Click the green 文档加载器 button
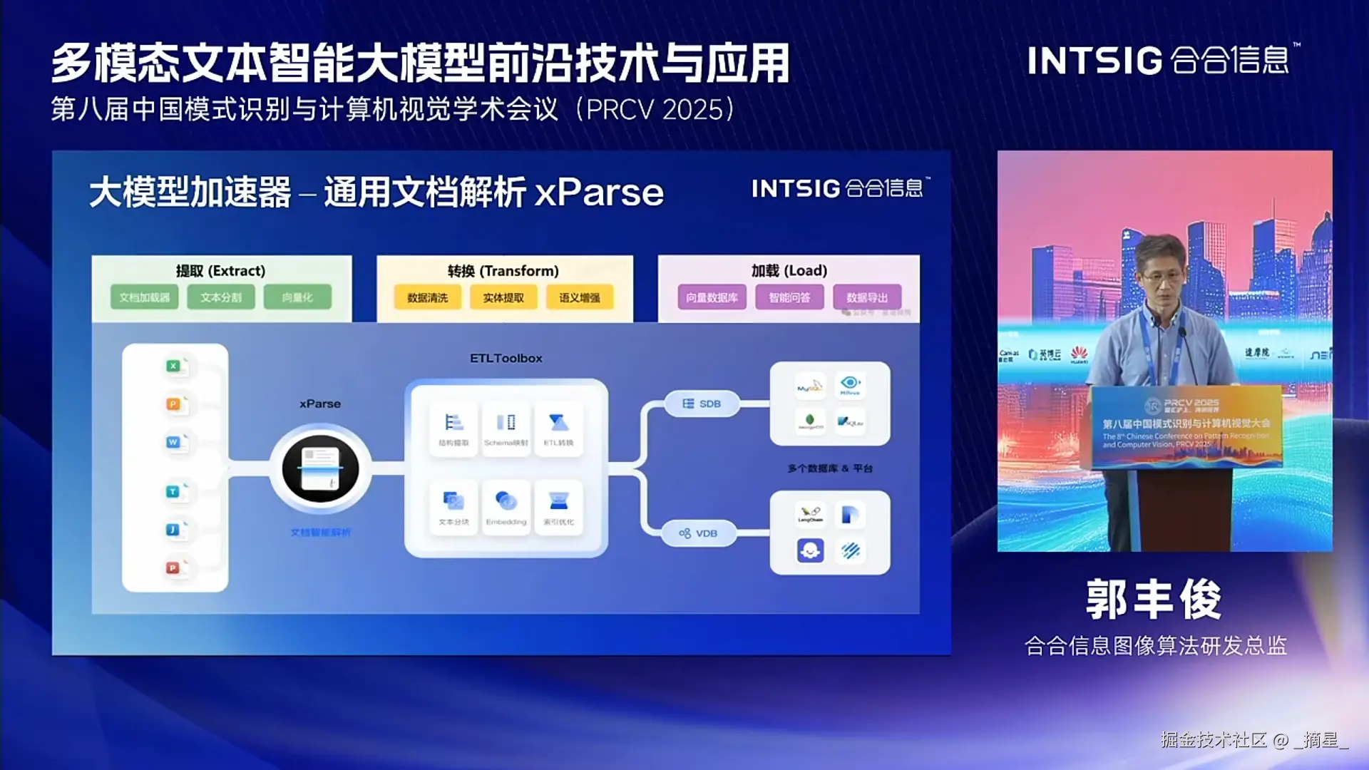click(145, 297)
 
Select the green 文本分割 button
click(221, 297)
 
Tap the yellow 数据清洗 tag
click(428, 297)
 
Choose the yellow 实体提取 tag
click(503, 297)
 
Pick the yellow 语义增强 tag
click(580, 297)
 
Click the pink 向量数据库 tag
click(712, 297)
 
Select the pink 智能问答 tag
click(789, 297)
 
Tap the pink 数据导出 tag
click(867, 297)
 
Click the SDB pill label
click(702, 404)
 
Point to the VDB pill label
click(699, 533)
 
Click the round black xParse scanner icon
click(320, 468)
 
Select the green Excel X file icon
click(173, 366)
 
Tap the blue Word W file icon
click(173, 442)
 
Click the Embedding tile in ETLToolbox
click(506, 506)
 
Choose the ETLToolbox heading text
click(506, 358)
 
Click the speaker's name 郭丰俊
click(1154, 600)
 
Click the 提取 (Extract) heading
click(220, 271)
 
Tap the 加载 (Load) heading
click(789, 271)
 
